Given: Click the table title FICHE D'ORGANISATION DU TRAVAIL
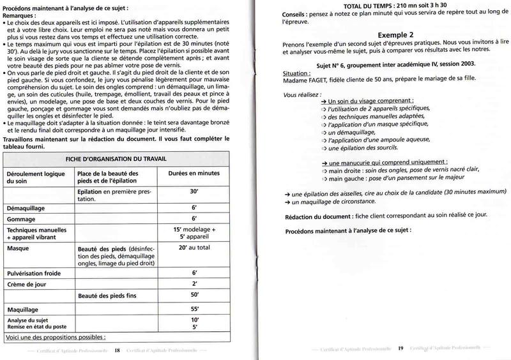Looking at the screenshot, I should [x=115, y=158].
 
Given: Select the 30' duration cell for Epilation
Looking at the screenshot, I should [x=194, y=191].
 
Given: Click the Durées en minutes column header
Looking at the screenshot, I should [x=195, y=174].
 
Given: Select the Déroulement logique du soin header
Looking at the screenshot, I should [x=36, y=177].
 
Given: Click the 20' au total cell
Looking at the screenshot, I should [x=194, y=246].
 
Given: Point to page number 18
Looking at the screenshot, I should [x=117, y=350].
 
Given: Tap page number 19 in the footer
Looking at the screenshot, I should [x=400, y=349].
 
